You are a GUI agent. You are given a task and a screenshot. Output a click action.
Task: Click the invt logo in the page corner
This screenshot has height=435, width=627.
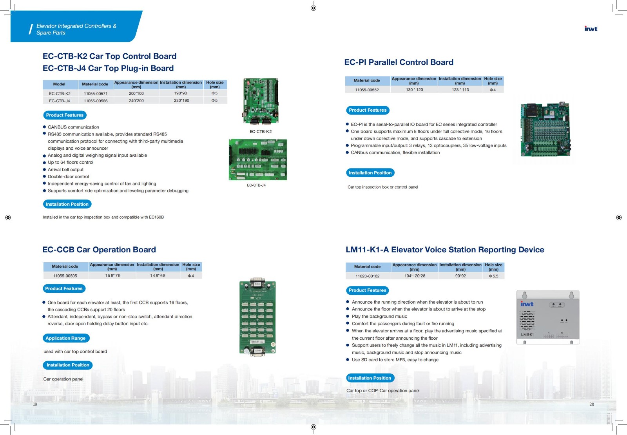(x=591, y=29)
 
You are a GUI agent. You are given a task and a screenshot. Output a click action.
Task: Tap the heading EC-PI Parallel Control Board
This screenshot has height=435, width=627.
(x=399, y=62)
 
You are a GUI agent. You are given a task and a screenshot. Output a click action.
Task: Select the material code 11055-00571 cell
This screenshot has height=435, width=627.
(x=95, y=94)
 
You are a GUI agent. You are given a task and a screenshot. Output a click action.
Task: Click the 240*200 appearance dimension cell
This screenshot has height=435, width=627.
(x=136, y=101)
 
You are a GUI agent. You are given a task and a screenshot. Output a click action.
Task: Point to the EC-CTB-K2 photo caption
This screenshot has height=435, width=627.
(x=261, y=132)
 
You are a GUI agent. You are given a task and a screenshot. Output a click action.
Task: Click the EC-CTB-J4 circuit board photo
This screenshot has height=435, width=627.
(x=258, y=159)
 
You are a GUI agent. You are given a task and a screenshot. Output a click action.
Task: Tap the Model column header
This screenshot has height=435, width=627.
(x=59, y=84)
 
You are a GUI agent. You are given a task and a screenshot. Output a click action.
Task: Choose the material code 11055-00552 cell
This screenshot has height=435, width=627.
(x=367, y=90)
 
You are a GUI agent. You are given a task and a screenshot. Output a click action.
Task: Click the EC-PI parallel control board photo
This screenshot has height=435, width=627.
(x=545, y=129)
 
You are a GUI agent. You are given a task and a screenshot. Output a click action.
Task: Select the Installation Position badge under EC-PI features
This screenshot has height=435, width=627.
(x=370, y=173)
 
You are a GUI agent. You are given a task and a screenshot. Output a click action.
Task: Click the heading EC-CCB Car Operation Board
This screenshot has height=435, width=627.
(x=99, y=250)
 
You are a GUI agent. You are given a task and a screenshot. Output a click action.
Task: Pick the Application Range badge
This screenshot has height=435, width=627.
(x=65, y=338)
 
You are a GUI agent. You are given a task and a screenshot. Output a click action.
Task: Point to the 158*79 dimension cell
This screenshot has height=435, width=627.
(x=112, y=276)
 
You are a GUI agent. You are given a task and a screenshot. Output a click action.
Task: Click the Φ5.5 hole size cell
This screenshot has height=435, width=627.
(x=493, y=276)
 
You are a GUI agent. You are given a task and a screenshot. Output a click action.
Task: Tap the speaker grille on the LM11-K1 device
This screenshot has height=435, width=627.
(x=527, y=321)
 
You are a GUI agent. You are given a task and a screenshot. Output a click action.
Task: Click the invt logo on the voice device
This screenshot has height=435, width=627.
(x=527, y=304)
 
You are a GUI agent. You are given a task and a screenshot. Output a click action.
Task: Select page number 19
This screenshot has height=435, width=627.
(x=35, y=404)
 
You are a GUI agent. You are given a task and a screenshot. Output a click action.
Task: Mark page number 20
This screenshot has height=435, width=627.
(x=592, y=404)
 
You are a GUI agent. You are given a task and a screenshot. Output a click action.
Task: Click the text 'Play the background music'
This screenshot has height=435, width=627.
(x=379, y=317)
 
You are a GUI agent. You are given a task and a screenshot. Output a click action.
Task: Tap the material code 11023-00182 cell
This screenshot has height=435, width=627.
(x=367, y=276)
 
